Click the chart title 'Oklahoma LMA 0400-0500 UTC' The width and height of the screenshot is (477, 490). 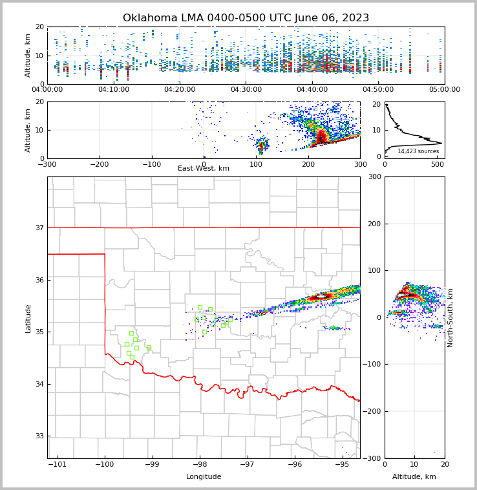[x=246, y=18]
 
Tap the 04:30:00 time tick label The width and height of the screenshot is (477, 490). [x=246, y=90]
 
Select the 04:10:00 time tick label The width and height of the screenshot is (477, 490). [x=113, y=90]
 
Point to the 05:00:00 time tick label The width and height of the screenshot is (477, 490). [x=445, y=90]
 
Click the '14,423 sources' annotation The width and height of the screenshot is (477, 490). [x=418, y=151]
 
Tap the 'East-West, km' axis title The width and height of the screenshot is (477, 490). [x=204, y=169]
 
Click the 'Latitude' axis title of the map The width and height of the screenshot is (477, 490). [x=28, y=318]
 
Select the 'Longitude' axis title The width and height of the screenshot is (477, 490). [x=204, y=477]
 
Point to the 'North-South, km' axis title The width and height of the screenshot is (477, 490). [x=450, y=317]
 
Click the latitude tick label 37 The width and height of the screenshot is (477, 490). [x=39, y=228]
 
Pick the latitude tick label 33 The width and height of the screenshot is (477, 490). [x=39, y=436]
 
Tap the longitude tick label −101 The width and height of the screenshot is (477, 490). [x=58, y=465]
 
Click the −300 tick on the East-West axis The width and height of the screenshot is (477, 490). [x=47, y=165]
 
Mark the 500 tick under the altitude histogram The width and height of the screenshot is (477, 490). [x=437, y=165]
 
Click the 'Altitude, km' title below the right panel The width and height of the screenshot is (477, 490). [x=414, y=477]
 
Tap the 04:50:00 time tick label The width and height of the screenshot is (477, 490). [x=378, y=90]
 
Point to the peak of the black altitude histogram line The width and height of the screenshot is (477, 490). [x=441, y=143]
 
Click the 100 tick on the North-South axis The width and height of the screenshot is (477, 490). [x=373, y=270]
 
